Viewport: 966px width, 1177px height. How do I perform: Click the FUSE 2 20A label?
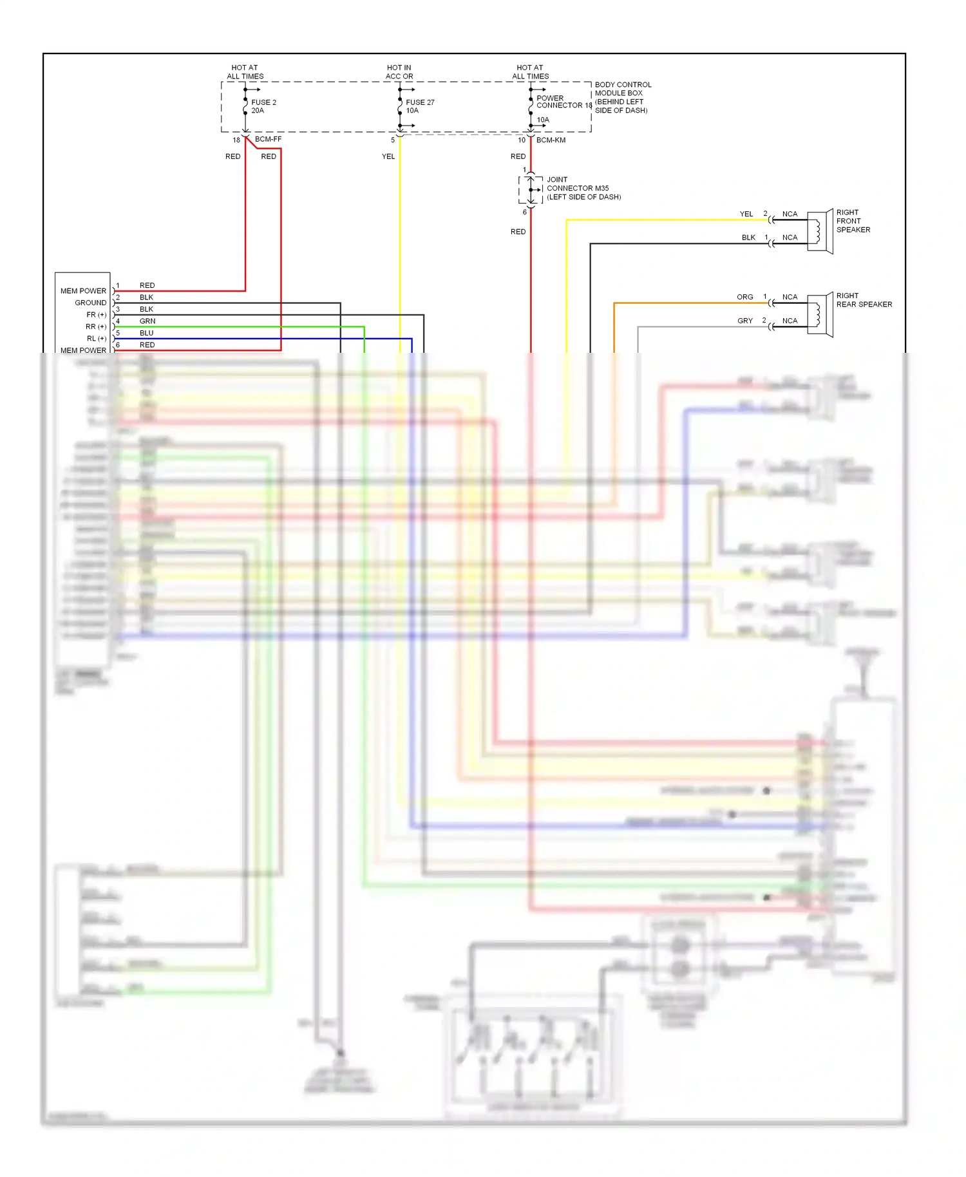(x=263, y=106)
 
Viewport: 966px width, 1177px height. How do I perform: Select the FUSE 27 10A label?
(x=420, y=106)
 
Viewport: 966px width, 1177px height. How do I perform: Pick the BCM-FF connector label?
(x=268, y=139)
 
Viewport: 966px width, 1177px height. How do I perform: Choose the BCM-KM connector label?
(x=551, y=140)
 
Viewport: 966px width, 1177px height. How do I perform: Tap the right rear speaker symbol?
(x=820, y=315)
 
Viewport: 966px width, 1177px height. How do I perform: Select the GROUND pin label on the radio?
(x=90, y=303)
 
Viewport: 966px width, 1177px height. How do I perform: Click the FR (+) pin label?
(x=96, y=315)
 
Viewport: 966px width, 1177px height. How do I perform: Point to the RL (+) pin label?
(x=96, y=339)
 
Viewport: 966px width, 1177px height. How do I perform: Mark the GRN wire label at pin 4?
(x=147, y=321)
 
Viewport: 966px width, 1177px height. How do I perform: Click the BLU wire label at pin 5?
(x=147, y=333)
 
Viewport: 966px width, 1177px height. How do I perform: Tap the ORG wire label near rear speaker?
(x=744, y=297)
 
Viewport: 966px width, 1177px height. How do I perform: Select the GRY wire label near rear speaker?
(x=744, y=321)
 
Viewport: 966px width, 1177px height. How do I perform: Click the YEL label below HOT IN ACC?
(x=388, y=156)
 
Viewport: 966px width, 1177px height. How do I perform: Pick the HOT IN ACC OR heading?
(x=399, y=71)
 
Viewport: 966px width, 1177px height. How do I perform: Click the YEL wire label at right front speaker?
(x=746, y=214)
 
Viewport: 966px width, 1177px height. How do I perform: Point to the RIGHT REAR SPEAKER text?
(x=863, y=300)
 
